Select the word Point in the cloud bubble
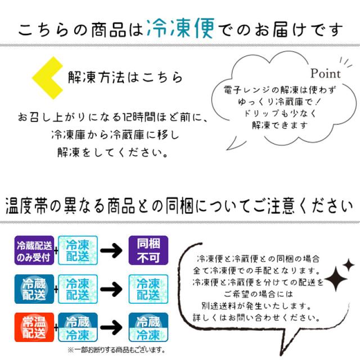(326, 73)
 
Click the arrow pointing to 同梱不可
(113, 250)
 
